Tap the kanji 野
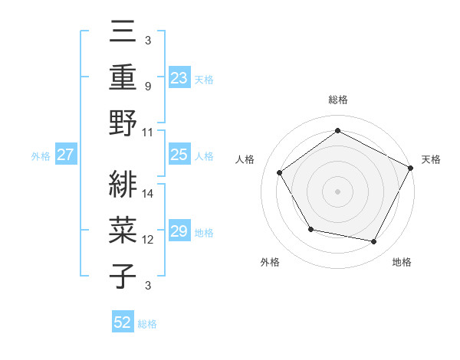pos(123,124)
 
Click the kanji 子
pos(123,277)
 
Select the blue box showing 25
pos(179,155)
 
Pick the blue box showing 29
pos(179,231)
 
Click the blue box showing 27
pos(66,155)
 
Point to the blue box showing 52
pos(123,322)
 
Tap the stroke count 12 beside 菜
pos(148,239)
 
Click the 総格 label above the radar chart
pos(338,100)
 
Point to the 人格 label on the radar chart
pos(245,159)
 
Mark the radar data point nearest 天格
pos(411,168)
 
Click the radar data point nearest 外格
pos(310,229)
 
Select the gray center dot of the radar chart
pos(338,191)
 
